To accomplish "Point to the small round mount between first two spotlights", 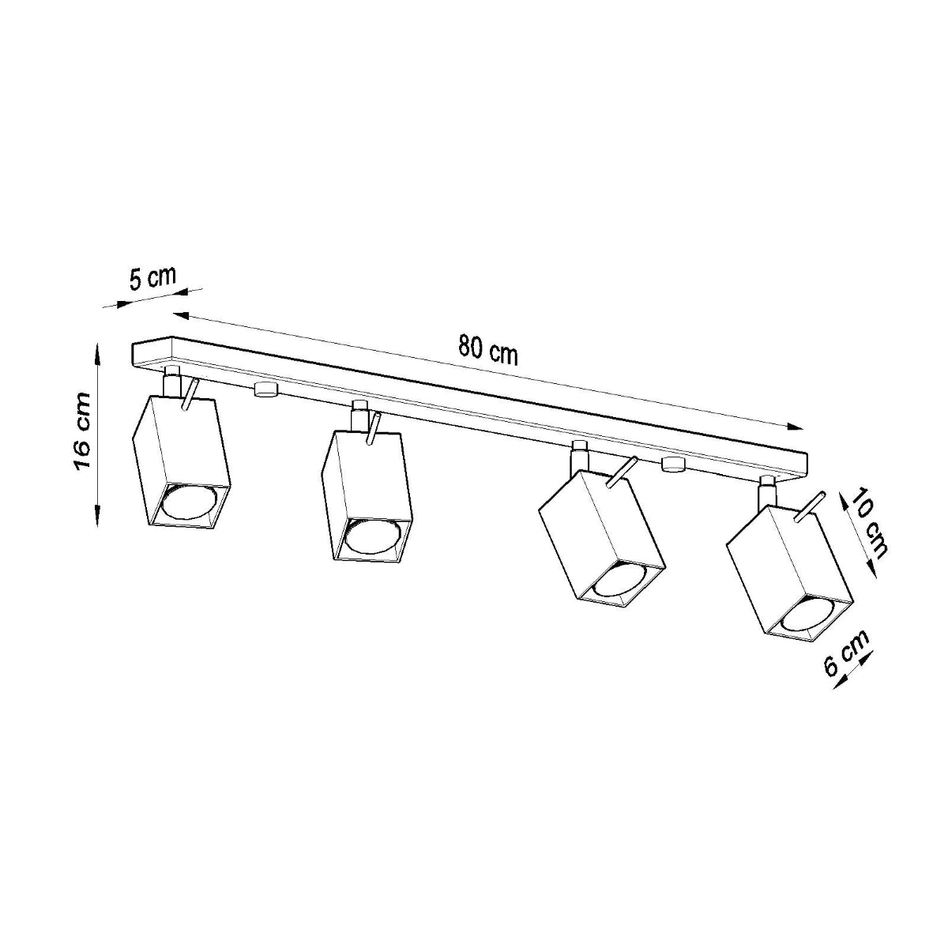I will (265, 389).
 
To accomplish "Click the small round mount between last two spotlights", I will (673, 465).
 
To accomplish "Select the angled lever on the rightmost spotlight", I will (811, 506).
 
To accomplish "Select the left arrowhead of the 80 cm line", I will (179, 315).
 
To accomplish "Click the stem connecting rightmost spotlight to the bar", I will (765, 495).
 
